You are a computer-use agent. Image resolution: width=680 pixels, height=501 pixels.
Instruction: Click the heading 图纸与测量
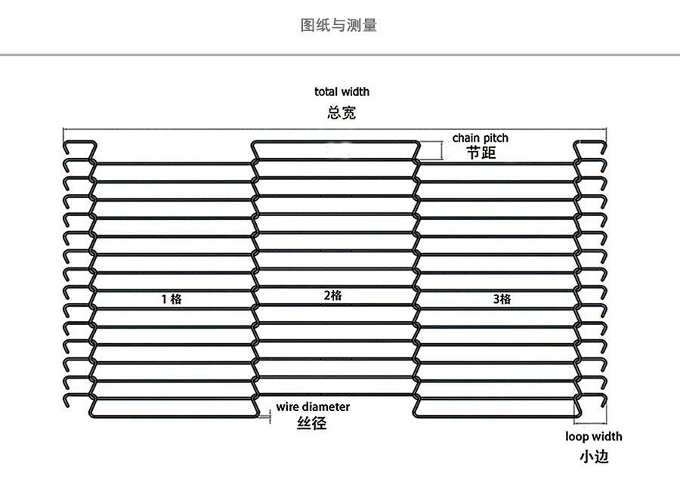pos(339,26)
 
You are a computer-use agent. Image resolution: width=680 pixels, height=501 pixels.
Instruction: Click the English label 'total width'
pos(342,91)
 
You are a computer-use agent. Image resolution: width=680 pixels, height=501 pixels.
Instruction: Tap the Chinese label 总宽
pos(342,113)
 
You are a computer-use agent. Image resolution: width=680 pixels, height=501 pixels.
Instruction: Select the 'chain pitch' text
pos(481,138)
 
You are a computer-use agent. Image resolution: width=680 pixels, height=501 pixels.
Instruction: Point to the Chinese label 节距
pos(481,153)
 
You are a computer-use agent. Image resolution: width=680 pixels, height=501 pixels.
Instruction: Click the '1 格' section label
pos(172,298)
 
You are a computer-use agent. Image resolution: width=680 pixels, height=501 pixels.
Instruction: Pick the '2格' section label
pos(332,295)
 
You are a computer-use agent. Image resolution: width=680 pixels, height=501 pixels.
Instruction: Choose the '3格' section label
pos(502,299)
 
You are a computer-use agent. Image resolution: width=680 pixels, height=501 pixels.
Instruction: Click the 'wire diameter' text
pos(313,407)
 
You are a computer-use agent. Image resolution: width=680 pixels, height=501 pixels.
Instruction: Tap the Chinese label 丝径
pos(312,423)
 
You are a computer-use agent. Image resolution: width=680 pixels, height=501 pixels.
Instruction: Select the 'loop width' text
pos(594,436)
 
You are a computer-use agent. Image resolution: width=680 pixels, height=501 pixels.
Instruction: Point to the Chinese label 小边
pos(594,456)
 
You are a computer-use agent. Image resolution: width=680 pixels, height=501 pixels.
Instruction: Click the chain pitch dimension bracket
pos(441,151)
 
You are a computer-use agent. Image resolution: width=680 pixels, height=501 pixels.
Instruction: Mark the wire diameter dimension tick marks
pos(268,414)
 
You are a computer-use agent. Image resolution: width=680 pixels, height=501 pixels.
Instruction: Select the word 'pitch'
pos(496,138)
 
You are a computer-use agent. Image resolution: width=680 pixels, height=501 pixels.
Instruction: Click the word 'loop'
pos(578,436)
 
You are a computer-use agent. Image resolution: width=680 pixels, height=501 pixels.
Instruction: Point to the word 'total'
pos(326,91)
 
